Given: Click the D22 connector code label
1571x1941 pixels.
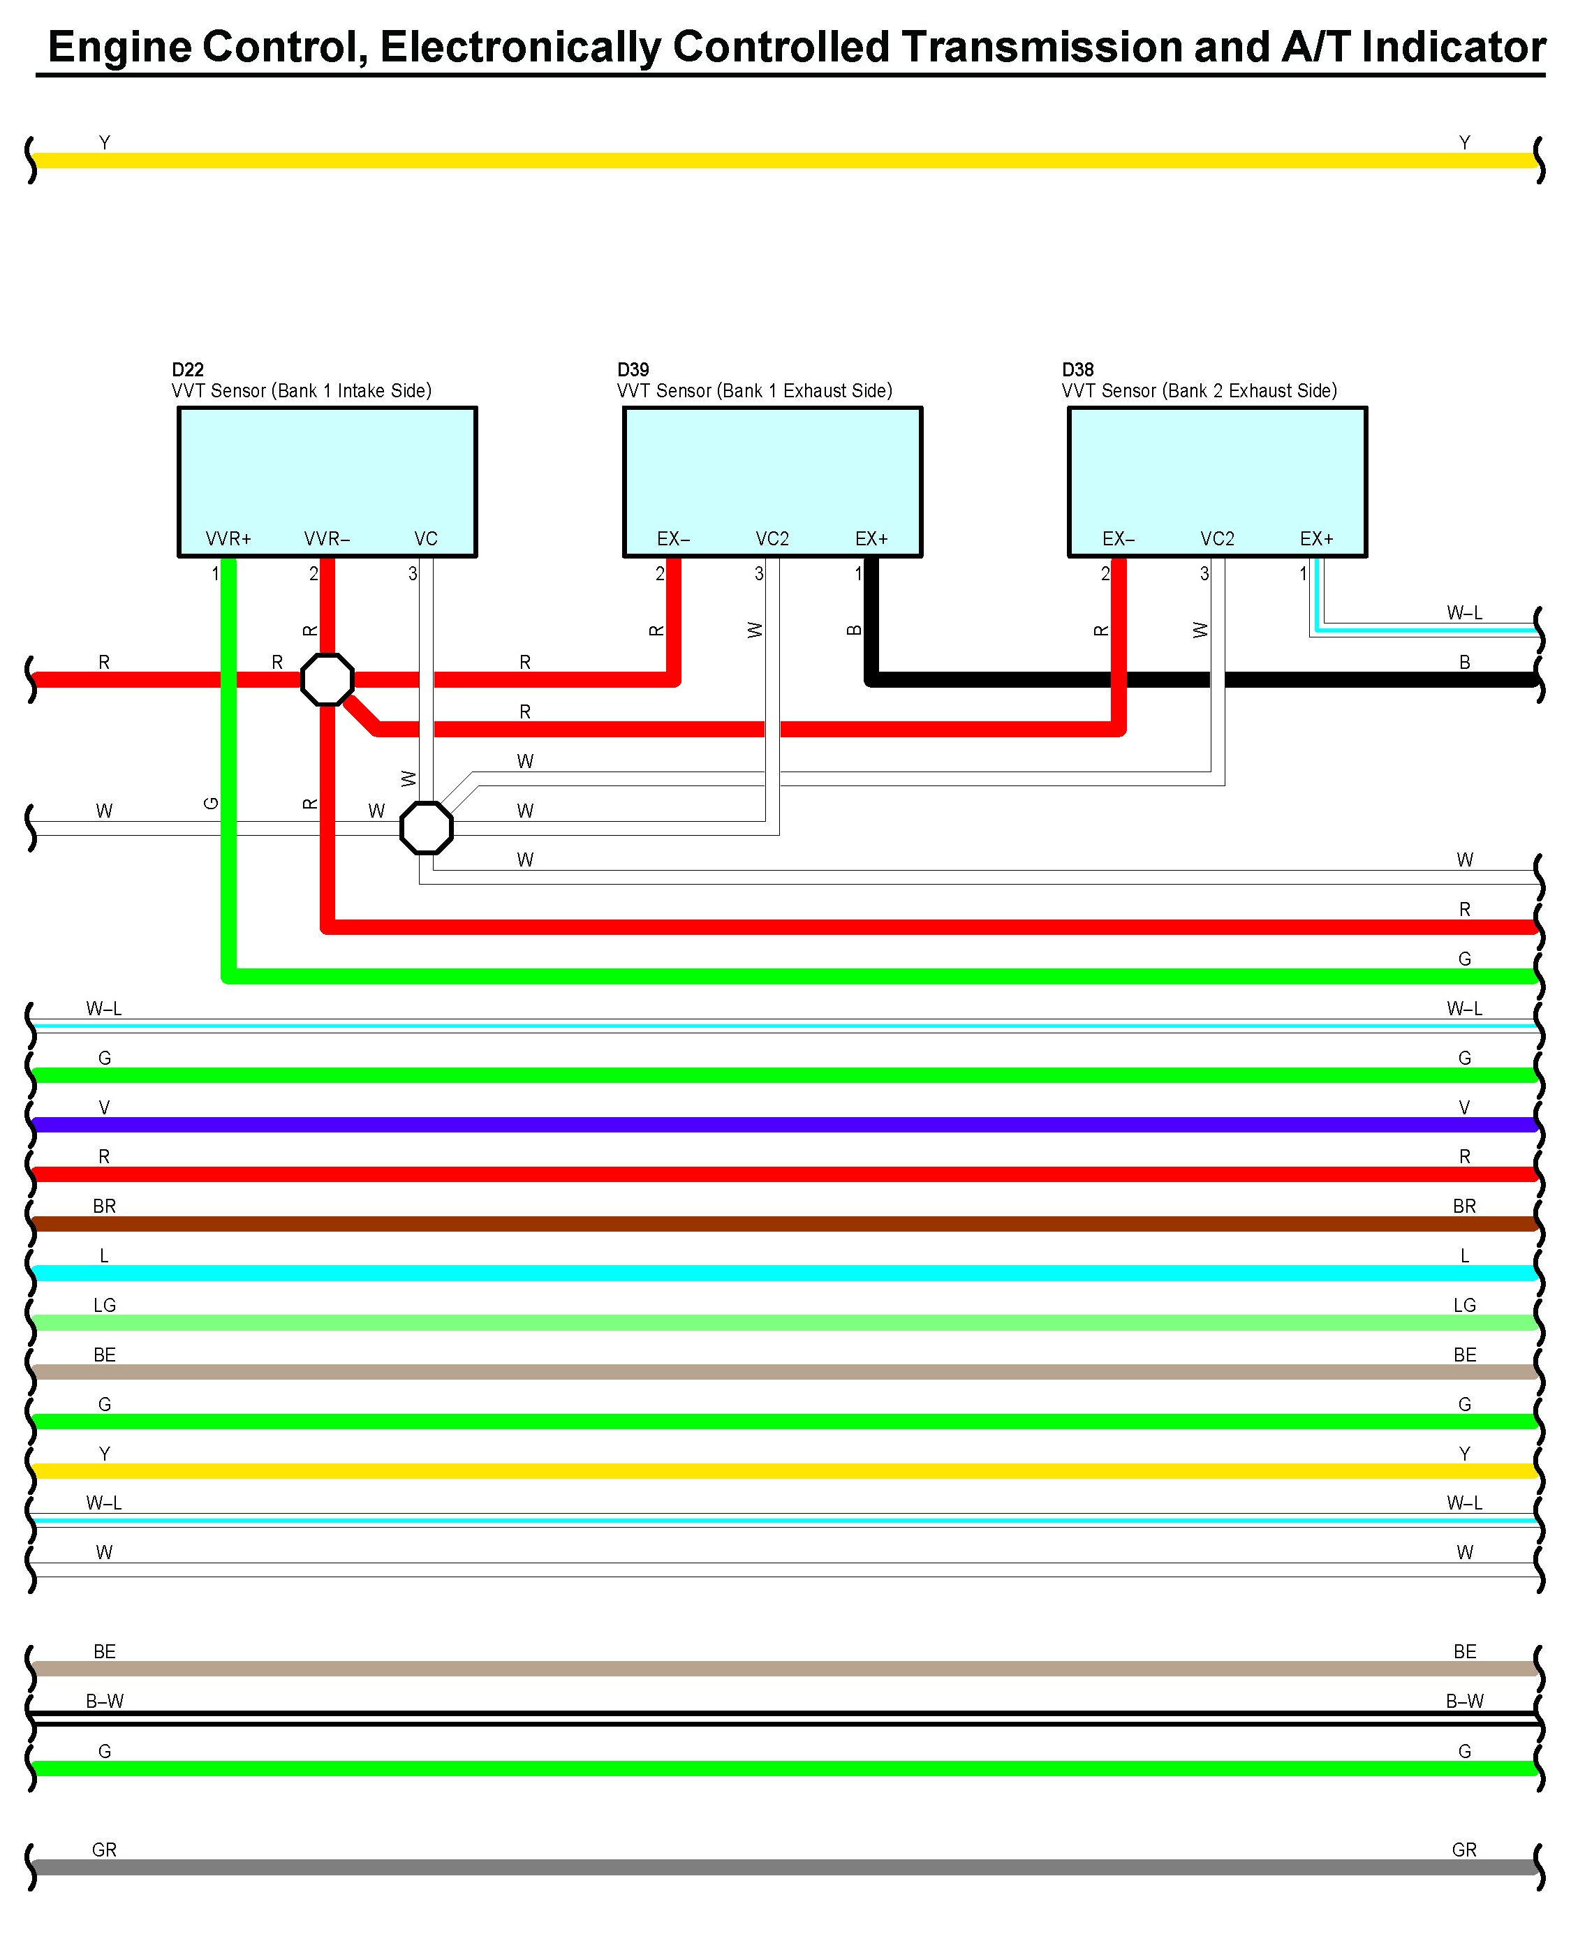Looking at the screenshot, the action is [187, 369].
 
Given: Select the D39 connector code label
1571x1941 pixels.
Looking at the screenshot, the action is [633, 369].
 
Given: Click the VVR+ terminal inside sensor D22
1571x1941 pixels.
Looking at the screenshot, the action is [228, 538].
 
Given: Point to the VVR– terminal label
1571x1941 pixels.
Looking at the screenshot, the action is [327, 538].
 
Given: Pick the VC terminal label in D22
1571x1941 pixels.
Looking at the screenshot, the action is [425, 538].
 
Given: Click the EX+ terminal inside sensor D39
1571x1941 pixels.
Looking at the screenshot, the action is [871, 538].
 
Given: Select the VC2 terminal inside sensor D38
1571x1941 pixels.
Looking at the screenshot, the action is [1217, 538].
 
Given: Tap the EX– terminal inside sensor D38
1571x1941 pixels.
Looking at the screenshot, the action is [1119, 538].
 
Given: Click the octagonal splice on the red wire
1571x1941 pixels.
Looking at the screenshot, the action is [327, 679].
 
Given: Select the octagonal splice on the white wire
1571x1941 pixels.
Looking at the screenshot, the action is [426, 827].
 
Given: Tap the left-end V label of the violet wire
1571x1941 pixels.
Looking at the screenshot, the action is [105, 1107].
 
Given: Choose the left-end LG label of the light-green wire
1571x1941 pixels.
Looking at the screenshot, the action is [105, 1305].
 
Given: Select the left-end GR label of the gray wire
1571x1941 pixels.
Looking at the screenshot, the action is [105, 1850].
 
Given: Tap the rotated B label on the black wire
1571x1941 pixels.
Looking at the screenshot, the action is [853, 630].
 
